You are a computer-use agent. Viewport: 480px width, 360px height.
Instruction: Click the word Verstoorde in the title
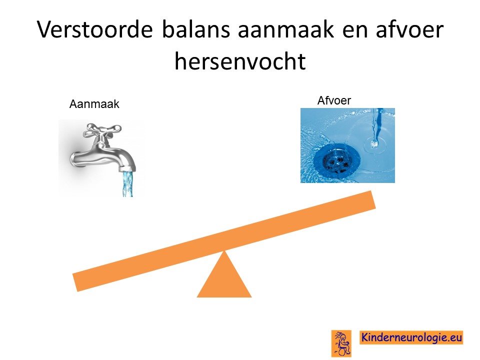click(95, 29)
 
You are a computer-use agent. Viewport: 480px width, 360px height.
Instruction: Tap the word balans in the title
click(196, 29)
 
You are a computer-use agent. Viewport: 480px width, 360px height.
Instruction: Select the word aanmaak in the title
click(285, 29)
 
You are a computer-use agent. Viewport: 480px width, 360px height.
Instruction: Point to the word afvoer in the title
click(409, 29)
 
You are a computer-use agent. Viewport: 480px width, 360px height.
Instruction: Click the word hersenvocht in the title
click(240, 61)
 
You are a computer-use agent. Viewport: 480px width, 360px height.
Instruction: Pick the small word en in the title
click(354, 32)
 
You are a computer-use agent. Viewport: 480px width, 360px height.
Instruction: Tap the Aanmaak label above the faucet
click(94, 104)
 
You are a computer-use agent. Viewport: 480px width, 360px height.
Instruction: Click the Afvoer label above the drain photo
click(334, 100)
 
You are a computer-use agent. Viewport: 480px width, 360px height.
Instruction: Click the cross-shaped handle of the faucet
click(103, 130)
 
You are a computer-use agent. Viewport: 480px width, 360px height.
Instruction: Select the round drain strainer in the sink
click(335, 160)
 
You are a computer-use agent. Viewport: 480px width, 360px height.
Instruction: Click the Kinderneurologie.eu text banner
click(411, 337)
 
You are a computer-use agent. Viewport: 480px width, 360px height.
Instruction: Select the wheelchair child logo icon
click(341, 343)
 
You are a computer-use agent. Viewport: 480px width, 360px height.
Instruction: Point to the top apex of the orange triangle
click(224, 250)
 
